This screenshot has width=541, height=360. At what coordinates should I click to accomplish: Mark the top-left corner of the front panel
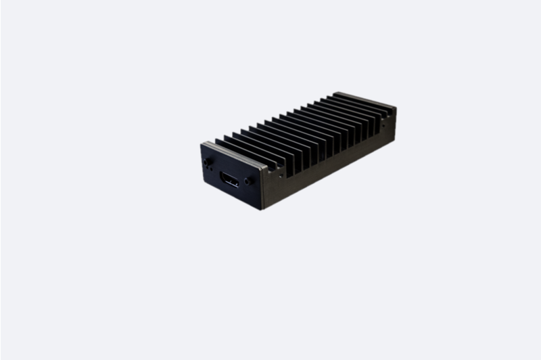(202, 142)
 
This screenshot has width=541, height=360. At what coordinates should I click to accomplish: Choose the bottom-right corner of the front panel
(260, 208)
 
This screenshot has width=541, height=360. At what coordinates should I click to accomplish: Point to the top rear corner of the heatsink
(396, 107)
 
